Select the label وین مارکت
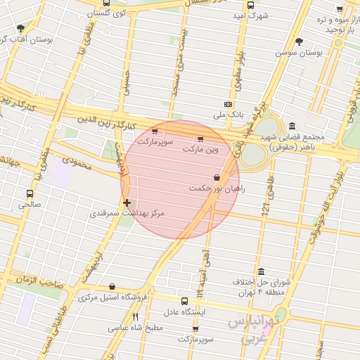201,149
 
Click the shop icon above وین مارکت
200,139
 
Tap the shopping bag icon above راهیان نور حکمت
216,178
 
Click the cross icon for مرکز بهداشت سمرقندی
127,202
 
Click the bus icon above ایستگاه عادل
184,301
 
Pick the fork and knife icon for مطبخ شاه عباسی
136,317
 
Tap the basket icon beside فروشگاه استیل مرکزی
113,287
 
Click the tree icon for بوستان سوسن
299,42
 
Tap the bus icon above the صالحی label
30,193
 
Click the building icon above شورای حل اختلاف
261,272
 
